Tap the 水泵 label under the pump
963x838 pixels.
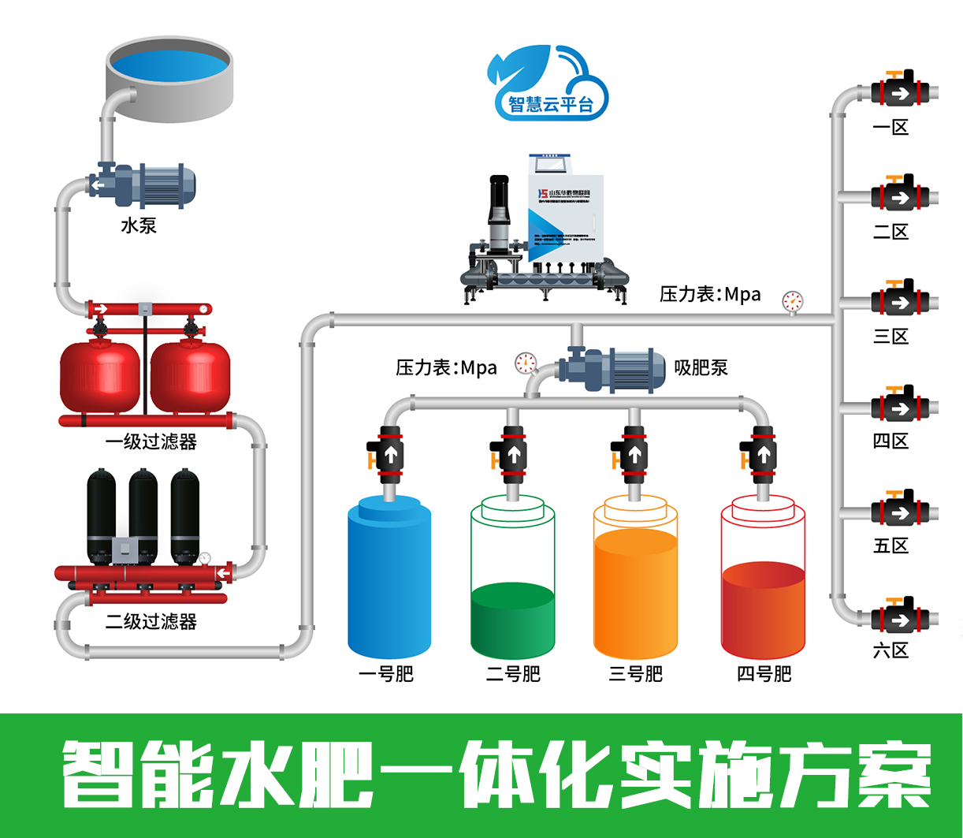click(x=139, y=225)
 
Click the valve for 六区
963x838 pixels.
click(x=900, y=619)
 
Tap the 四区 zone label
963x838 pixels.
click(x=891, y=441)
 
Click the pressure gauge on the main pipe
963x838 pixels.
click(x=792, y=301)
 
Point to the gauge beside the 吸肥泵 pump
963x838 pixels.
click(x=525, y=363)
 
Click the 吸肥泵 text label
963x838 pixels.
click(x=701, y=367)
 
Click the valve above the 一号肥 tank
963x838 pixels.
click(x=389, y=455)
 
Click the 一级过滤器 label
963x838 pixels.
click(x=151, y=442)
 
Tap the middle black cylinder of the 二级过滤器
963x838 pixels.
click(x=143, y=512)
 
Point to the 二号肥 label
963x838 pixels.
click(x=513, y=675)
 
